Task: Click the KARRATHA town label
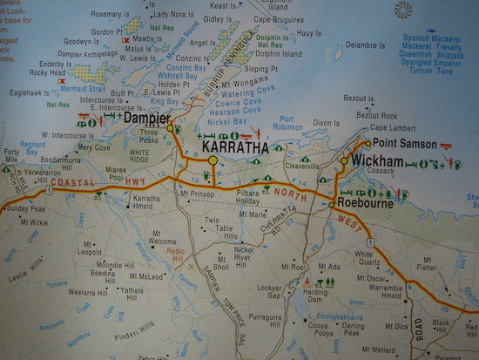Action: pos(235,148)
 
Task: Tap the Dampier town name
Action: pos(145,117)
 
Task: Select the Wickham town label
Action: pos(377,161)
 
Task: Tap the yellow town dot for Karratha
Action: pos(213,161)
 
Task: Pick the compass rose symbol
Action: pos(403,10)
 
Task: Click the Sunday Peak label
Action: pos(25,210)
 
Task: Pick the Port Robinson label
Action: pos(290,123)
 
